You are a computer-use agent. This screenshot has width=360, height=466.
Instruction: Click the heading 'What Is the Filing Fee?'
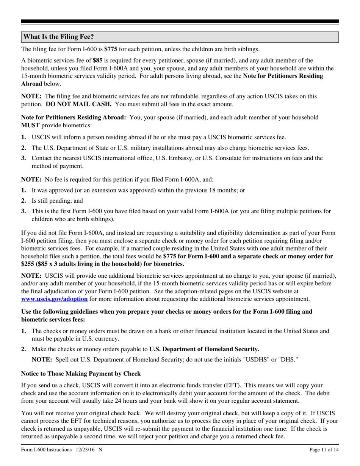click(x=59, y=37)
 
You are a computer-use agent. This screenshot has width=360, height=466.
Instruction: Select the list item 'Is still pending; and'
click(x=57, y=201)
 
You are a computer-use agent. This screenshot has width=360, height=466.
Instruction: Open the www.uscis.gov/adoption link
click(x=54, y=299)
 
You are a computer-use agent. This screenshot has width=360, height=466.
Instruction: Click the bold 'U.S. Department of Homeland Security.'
click(x=204, y=349)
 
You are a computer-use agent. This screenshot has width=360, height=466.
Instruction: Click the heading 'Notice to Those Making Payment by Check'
click(x=81, y=374)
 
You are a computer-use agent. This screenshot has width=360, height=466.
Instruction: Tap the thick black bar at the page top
click(x=180, y=22)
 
